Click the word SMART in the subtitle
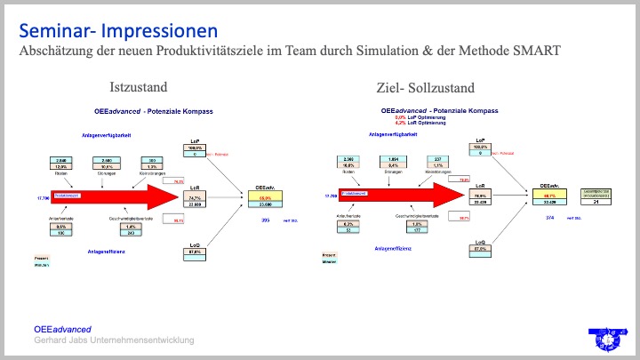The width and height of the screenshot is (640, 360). pyautogui.click(x=533, y=50)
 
